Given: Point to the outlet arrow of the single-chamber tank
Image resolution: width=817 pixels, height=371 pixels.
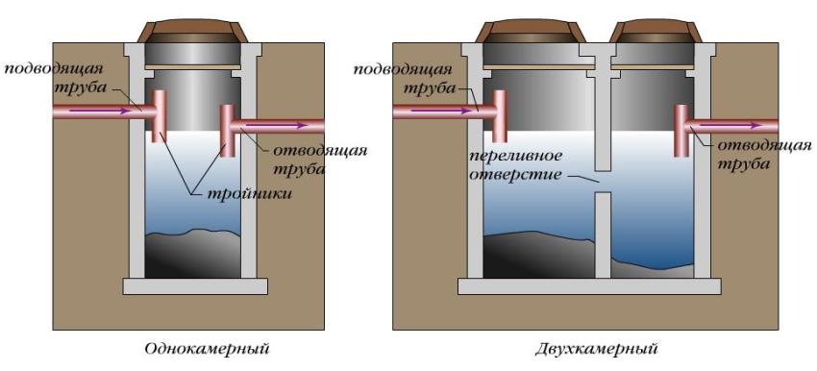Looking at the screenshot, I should [x=288, y=124].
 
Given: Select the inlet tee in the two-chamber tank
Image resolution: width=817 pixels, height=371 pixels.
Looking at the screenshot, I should [x=499, y=113].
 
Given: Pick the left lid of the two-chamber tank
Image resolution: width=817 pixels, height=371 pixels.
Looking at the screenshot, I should [x=532, y=32].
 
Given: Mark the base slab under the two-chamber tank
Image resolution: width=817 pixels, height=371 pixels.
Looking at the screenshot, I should [x=587, y=285].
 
